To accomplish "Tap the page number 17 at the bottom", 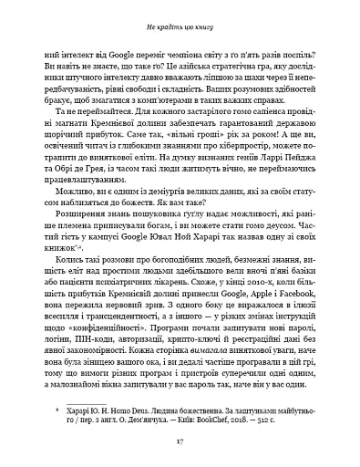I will pos(180,443).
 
